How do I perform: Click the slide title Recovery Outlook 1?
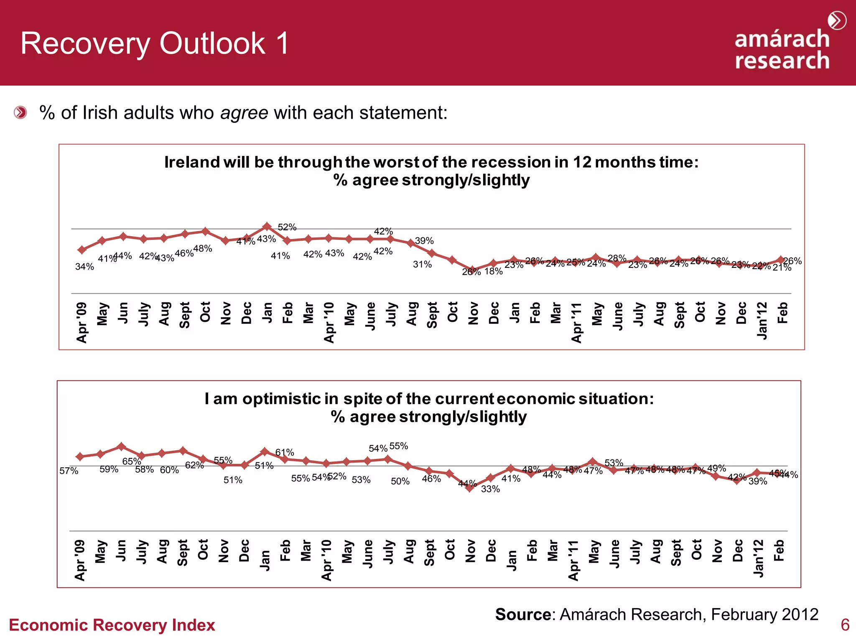click(155, 43)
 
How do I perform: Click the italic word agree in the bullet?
click(244, 113)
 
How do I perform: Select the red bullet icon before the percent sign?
click(20, 113)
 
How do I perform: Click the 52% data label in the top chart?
click(287, 227)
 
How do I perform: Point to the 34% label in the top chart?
click(84, 267)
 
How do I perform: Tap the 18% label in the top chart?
click(494, 272)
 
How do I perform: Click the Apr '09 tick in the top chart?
click(82, 322)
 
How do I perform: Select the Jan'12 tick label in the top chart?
click(762, 321)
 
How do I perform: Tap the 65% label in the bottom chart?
click(131, 461)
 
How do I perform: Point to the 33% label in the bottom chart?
click(490, 489)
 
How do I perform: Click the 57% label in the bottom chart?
click(69, 471)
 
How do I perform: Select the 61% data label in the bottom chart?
click(285, 453)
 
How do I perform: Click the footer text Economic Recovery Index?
click(112, 625)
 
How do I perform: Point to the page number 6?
click(845, 625)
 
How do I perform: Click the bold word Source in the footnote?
click(523, 614)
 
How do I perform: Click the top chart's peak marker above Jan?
click(267, 227)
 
